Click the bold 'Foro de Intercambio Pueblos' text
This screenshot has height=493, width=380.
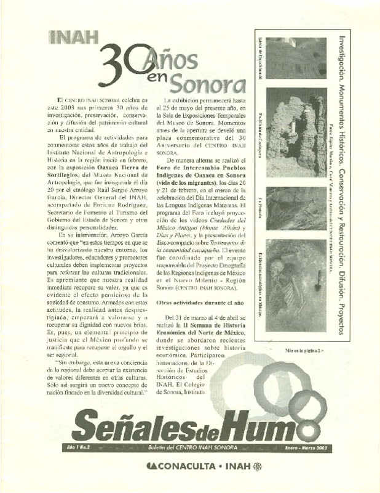point(205,168)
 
